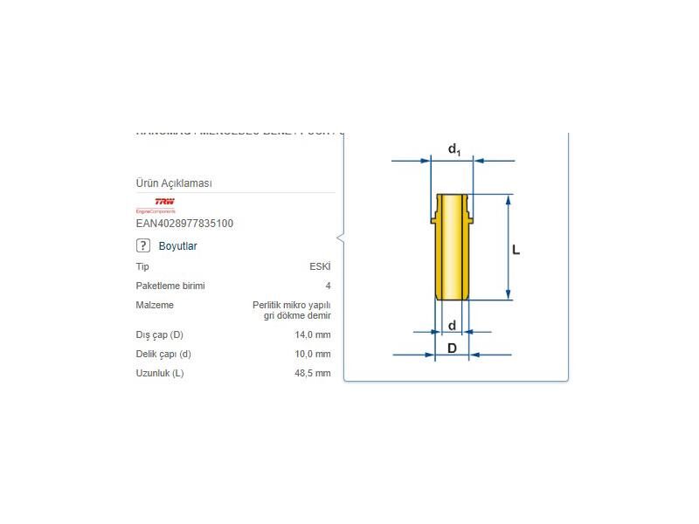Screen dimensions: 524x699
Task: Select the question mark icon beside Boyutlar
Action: [x=144, y=246]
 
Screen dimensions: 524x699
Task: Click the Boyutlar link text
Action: [x=177, y=246]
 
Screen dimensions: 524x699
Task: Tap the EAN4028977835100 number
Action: [x=184, y=224]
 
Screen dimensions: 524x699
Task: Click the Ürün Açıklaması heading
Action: [x=174, y=183]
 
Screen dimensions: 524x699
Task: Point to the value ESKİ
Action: [x=320, y=266]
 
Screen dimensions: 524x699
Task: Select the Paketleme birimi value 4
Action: [x=328, y=286]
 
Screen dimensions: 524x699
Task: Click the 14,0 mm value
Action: [x=313, y=334]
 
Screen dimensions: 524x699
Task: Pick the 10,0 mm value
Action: [x=313, y=354]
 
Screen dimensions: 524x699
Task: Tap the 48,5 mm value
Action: [x=313, y=373]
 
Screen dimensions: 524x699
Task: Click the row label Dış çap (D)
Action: [x=160, y=334]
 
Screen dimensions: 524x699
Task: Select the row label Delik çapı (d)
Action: [x=163, y=354]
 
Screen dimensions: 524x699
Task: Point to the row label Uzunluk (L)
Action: [x=160, y=373]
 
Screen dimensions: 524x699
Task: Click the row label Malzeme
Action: [x=155, y=305]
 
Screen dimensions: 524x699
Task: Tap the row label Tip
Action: [x=142, y=266]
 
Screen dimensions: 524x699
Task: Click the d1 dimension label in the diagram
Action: [x=454, y=149]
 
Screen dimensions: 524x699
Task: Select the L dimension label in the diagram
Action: [x=516, y=250]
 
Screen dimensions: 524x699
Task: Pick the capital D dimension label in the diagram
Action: [x=452, y=348]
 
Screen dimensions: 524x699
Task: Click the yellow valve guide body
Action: [x=452, y=253]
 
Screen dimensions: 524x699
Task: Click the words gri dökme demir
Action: [x=297, y=315]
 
